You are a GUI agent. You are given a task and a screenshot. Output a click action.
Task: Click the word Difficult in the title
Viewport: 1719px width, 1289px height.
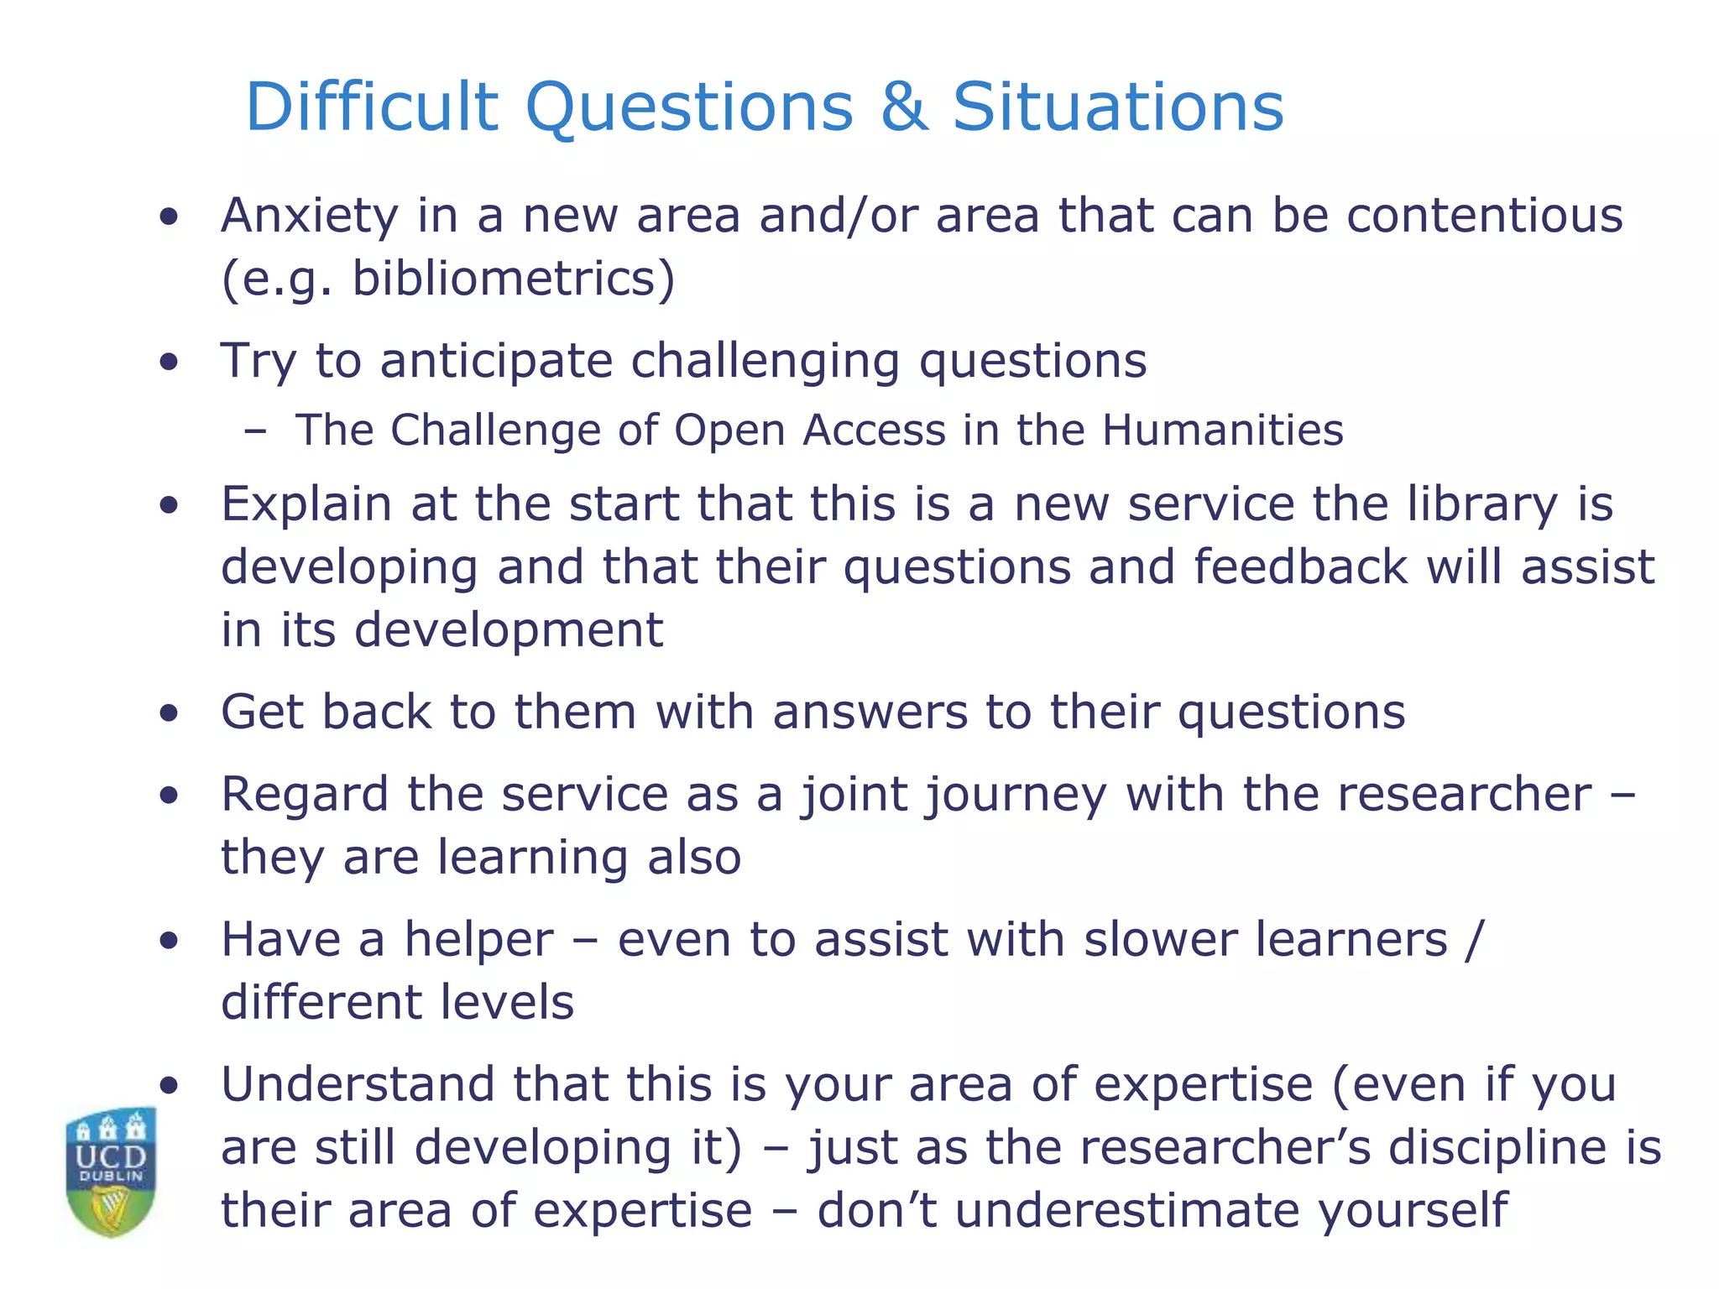(372, 107)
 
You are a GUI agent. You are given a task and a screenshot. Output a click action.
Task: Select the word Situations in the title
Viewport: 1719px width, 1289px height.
(1118, 107)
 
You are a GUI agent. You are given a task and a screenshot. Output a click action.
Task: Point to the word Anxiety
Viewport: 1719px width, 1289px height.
(309, 216)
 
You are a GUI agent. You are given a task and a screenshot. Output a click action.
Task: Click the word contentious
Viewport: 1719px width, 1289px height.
(1485, 216)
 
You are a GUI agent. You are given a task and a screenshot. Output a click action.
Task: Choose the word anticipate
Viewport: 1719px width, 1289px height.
(496, 362)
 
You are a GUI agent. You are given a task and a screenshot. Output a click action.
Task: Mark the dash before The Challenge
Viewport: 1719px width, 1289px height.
(254, 431)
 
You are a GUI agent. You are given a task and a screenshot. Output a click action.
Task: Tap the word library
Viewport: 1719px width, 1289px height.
(1482, 505)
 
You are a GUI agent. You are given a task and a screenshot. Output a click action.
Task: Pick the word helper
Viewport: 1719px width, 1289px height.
(479, 940)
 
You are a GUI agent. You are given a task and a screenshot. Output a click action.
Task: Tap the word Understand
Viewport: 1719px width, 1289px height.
(358, 1085)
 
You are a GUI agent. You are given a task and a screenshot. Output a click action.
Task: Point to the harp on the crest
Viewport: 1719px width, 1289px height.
(110, 1208)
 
